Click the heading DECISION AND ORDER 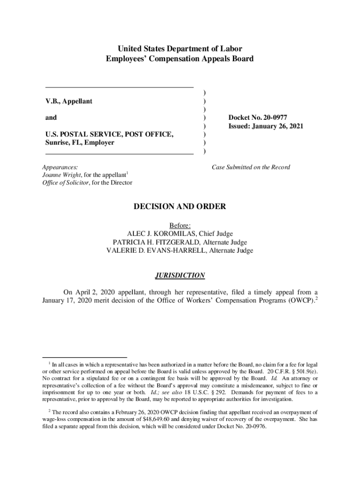tap(180, 206)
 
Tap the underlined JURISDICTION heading tap(180, 276)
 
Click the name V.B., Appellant tap(68, 101)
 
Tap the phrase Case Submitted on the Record tap(251, 167)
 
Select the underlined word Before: tap(180, 225)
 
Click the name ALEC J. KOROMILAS tap(163, 234)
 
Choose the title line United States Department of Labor tap(180, 49)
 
